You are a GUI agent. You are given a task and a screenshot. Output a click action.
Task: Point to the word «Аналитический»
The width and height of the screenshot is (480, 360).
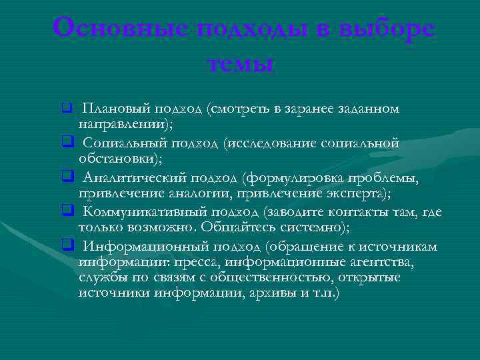tap(134, 177)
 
